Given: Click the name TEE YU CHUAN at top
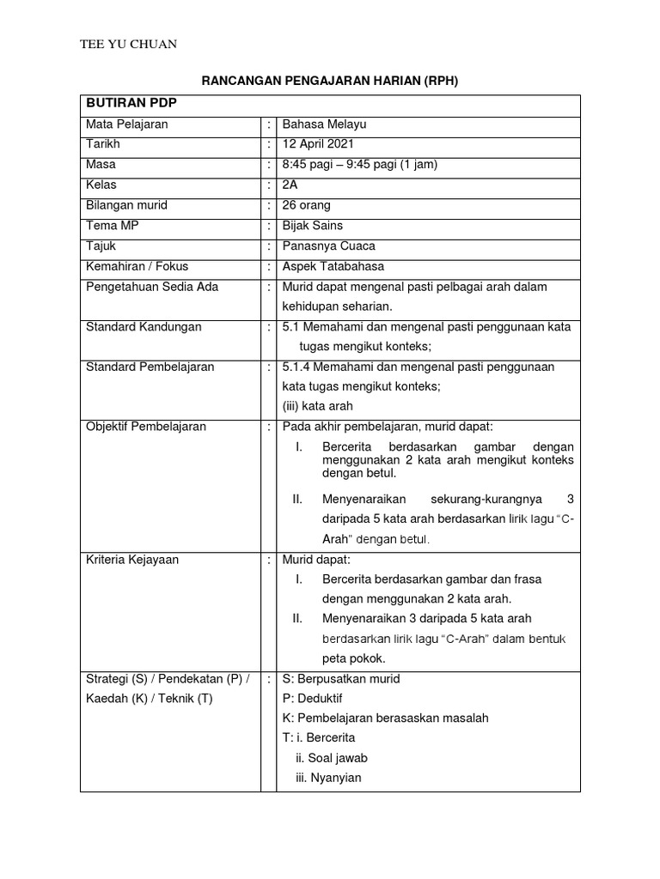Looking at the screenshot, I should pyautogui.click(x=128, y=45).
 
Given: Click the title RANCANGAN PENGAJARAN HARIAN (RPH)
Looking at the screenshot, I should pyautogui.click(x=330, y=82).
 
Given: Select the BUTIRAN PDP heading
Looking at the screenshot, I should pyautogui.click(x=129, y=104).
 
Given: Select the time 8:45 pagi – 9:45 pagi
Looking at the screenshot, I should pyautogui.click(x=360, y=164).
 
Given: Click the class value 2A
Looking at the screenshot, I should pyautogui.click(x=290, y=185).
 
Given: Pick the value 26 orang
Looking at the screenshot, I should pyautogui.click(x=307, y=205).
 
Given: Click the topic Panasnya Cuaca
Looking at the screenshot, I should pyautogui.click(x=328, y=246).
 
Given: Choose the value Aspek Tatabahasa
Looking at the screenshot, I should pyautogui.click(x=334, y=266).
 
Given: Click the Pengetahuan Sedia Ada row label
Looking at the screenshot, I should pyautogui.click(x=152, y=287).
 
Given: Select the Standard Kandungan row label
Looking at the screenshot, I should pyautogui.click(x=144, y=327).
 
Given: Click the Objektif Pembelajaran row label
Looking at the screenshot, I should pyautogui.click(x=146, y=427).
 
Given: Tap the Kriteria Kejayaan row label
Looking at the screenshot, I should pyautogui.click(x=132, y=560).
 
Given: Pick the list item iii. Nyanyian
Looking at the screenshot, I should pyautogui.click(x=328, y=778).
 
